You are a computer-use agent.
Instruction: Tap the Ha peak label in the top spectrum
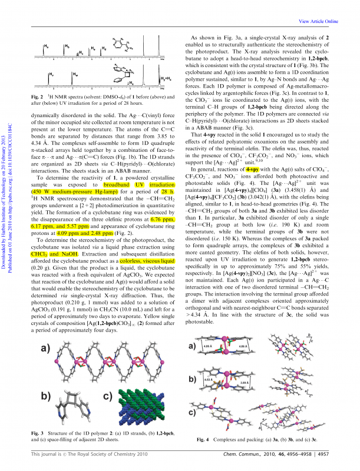coord(47,45)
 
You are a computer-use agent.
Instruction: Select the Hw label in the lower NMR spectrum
coord(74,75)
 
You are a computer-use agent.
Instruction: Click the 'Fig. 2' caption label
coord(38,95)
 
